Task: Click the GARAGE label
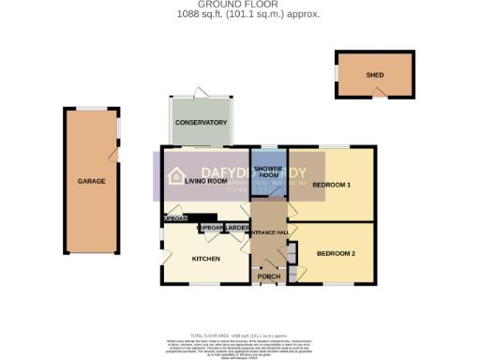point(91,181)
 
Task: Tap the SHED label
point(375,75)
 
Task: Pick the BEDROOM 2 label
point(336,254)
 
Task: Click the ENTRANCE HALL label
point(269,231)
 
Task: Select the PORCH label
point(269,277)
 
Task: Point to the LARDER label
point(235,228)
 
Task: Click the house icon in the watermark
point(176,173)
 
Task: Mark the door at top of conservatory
point(199,94)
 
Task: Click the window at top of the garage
point(91,108)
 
